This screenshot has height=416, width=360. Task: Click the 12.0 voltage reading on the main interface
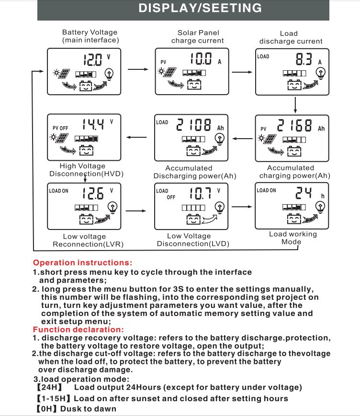pos(92,60)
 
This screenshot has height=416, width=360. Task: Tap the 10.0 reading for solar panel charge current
pos(201,59)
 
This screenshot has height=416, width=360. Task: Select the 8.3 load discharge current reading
pos(304,59)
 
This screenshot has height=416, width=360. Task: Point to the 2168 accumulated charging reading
pos(294,126)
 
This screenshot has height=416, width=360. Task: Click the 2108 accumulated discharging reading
pos(194,126)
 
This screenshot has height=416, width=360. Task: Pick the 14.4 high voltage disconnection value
pos(92,125)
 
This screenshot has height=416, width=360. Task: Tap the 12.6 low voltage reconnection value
pos(92,193)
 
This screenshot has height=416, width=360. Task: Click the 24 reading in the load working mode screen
pos(304,193)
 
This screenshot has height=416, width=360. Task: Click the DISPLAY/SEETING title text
pos(200,8)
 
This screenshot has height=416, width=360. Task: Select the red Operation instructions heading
pos(82,263)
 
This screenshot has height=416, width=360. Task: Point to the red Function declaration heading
pos(78,329)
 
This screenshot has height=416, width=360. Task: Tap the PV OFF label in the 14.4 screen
pos(60,128)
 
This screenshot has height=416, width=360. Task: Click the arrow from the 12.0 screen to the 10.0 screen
pos(139,69)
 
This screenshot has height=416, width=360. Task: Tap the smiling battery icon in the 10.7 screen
pos(193,220)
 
